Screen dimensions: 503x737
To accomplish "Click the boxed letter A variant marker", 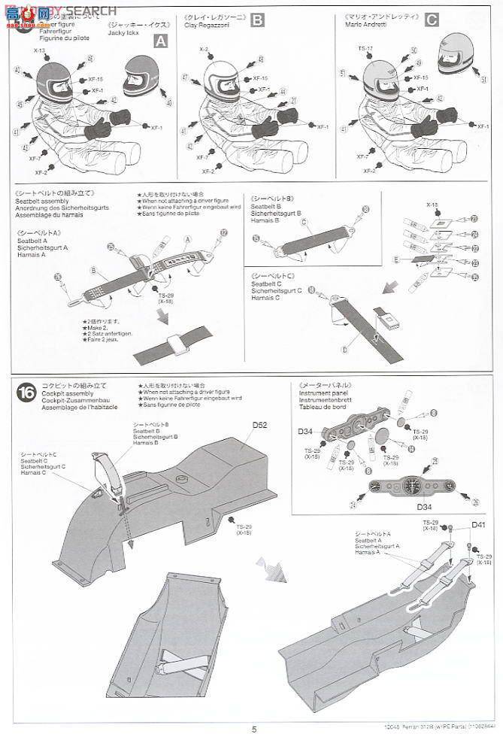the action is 159,42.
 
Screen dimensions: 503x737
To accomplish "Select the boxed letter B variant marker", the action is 257,20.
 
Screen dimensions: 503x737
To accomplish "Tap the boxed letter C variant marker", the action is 431,20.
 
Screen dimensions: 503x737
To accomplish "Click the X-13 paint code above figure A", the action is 40,50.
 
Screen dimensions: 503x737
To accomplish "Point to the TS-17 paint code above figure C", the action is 366,49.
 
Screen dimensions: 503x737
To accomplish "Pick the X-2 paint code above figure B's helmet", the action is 204,49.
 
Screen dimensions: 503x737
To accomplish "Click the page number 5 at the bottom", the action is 254,729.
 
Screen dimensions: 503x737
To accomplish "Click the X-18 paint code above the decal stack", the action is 432,203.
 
